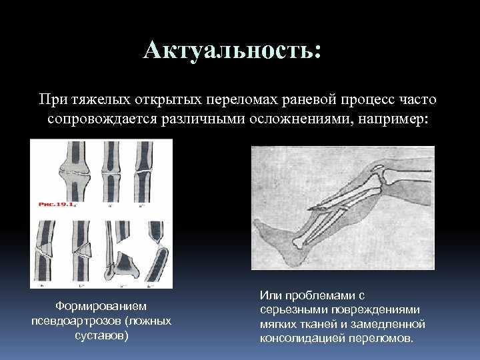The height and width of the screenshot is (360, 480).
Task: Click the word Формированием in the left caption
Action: pyautogui.click(x=101, y=306)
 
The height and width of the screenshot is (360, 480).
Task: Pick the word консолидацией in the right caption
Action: pyautogui.click(x=300, y=338)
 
